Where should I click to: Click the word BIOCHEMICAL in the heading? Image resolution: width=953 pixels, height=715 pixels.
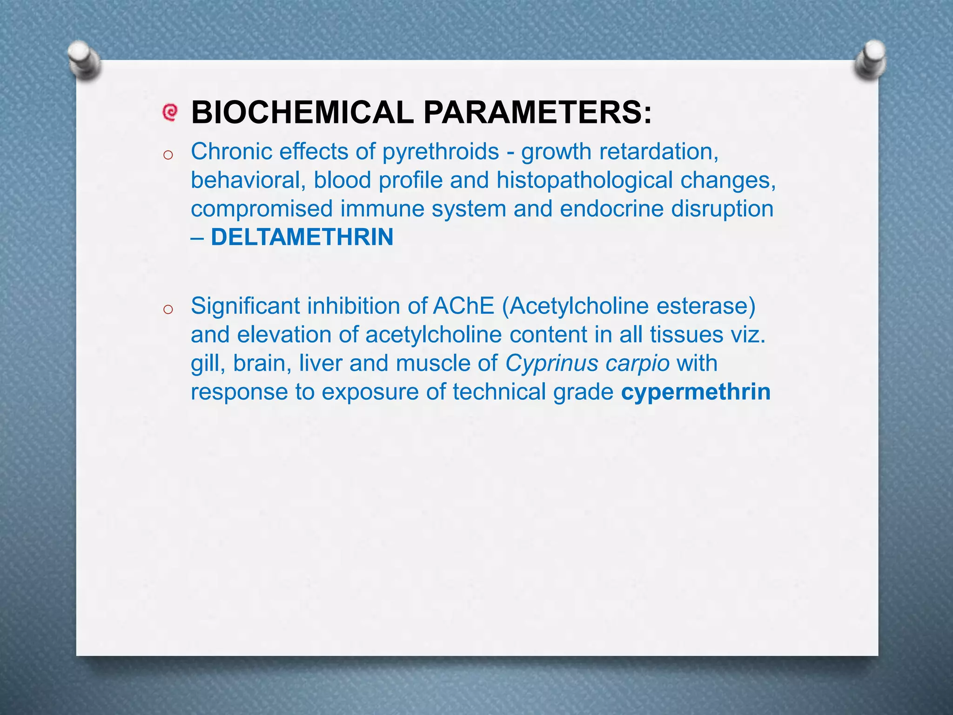302,113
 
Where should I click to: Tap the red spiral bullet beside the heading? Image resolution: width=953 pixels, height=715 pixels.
170,112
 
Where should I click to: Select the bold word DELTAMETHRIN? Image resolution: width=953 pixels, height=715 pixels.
302,237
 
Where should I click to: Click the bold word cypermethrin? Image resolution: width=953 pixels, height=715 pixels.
696,391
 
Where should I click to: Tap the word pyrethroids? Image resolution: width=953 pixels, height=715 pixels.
440,152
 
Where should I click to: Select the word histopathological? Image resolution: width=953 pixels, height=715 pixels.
584,180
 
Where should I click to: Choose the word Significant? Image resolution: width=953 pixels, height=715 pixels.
245,306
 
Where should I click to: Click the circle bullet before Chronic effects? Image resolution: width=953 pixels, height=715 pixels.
168,155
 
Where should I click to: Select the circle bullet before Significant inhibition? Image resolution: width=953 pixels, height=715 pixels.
168,309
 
